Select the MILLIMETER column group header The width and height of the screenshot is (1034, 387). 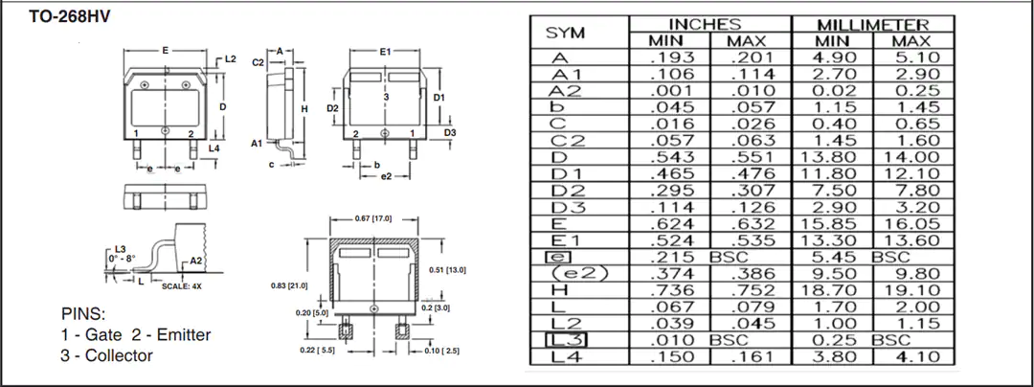[x=873, y=25]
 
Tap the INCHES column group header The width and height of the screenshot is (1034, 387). [x=710, y=25]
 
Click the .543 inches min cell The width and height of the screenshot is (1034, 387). [x=672, y=157]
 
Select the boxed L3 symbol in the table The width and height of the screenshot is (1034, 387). [x=565, y=340]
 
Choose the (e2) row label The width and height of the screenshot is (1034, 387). [x=578, y=274]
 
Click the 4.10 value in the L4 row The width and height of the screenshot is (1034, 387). [x=917, y=356]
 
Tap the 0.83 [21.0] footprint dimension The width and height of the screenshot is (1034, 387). [x=289, y=285]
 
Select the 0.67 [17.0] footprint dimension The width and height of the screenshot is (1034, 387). [x=373, y=218]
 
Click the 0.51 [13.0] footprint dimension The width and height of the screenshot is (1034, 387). [x=447, y=269]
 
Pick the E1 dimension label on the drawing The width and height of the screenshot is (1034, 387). [x=385, y=52]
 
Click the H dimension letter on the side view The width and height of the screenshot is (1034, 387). [x=304, y=109]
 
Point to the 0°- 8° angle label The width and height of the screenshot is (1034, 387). [x=122, y=259]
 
